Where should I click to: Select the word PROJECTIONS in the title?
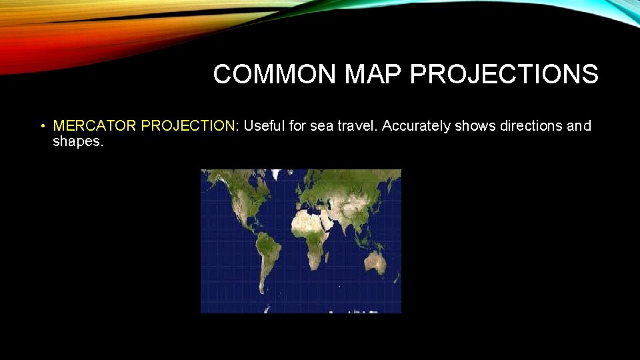coord(504,75)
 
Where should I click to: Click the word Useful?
coord(264,126)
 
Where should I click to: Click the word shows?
coord(474,126)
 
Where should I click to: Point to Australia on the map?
coord(377,262)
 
